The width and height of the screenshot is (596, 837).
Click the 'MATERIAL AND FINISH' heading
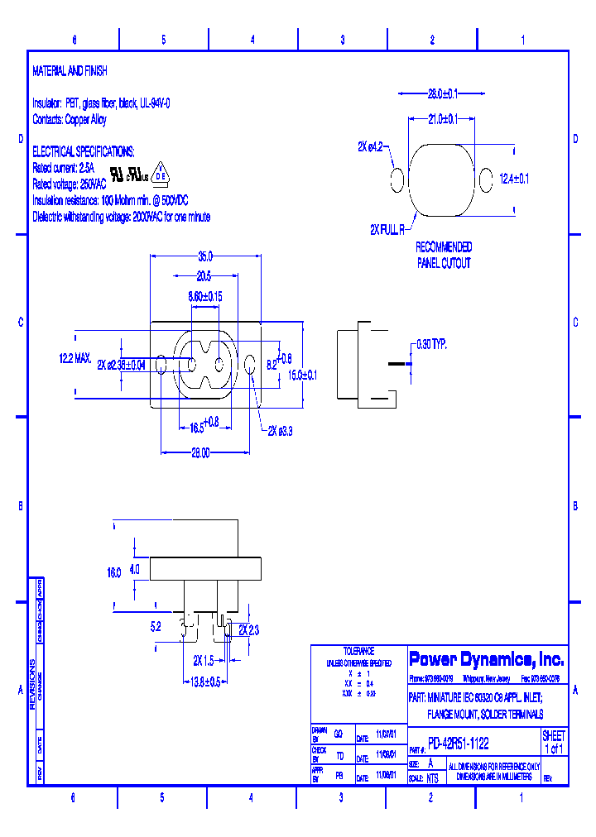tap(70, 72)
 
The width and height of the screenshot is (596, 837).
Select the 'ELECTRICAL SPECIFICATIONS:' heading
tap(83, 152)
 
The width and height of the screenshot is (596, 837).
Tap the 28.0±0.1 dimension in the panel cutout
tap(443, 93)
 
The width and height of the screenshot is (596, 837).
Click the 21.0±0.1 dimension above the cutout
tap(442, 120)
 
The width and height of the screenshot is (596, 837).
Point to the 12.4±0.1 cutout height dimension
tap(514, 178)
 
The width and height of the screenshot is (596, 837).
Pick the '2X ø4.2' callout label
tap(370, 146)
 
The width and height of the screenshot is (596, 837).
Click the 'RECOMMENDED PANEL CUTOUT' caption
tap(443, 256)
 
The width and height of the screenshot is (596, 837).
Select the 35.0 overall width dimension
tap(204, 256)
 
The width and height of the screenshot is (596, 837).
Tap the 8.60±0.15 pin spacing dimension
tap(204, 295)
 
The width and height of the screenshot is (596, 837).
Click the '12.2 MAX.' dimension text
tap(74, 359)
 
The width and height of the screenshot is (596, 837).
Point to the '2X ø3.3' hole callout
tap(282, 431)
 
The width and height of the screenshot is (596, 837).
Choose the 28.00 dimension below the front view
tap(199, 452)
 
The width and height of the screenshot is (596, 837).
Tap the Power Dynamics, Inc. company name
tap(487, 659)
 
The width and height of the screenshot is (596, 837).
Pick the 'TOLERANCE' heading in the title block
tap(358, 651)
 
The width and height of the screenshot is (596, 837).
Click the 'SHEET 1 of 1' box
tap(554, 742)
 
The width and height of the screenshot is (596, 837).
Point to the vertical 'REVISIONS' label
tap(32, 684)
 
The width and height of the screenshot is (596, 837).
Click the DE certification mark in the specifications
tap(162, 175)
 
